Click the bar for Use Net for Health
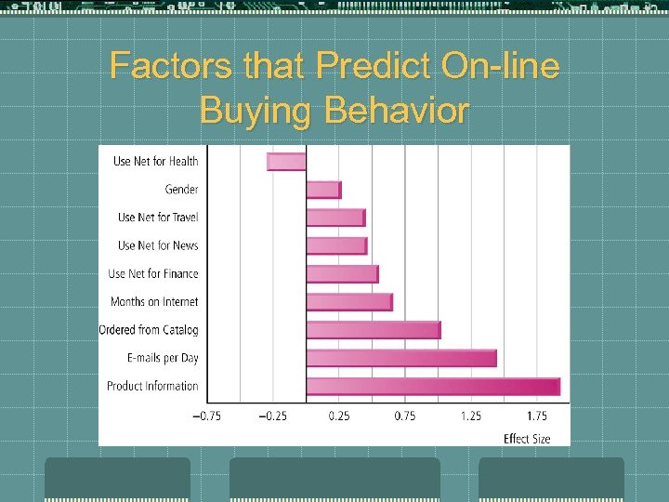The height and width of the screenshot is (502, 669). pyautogui.click(x=287, y=162)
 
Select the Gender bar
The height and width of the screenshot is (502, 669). pyautogui.click(x=323, y=190)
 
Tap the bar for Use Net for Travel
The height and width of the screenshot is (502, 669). pyautogui.click(x=335, y=218)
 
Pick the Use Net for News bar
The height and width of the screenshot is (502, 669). pyautogui.click(x=336, y=245)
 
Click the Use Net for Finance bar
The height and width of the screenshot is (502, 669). pyautogui.click(x=342, y=274)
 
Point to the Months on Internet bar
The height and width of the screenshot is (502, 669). pyautogui.click(x=349, y=302)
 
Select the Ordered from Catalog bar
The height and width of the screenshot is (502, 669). pyautogui.click(x=374, y=330)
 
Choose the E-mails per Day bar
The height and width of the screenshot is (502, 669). pyautogui.click(x=401, y=358)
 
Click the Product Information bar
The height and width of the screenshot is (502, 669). pyautogui.click(x=433, y=387)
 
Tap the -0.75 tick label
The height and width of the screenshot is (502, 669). pyautogui.click(x=206, y=416)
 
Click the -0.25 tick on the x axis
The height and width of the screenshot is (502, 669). pyautogui.click(x=272, y=416)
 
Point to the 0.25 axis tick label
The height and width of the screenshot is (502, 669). pyautogui.click(x=338, y=416)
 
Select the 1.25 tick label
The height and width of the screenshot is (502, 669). pyautogui.click(x=470, y=416)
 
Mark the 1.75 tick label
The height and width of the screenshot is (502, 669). pyautogui.click(x=536, y=416)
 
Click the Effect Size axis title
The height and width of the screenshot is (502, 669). pyautogui.click(x=527, y=439)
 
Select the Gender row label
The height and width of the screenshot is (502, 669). pyautogui.click(x=181, y=190)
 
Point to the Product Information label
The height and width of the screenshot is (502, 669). pyautogui.click(x=152, y=386)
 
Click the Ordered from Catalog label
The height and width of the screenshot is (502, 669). pyautogui.click(x=149, y=330)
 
